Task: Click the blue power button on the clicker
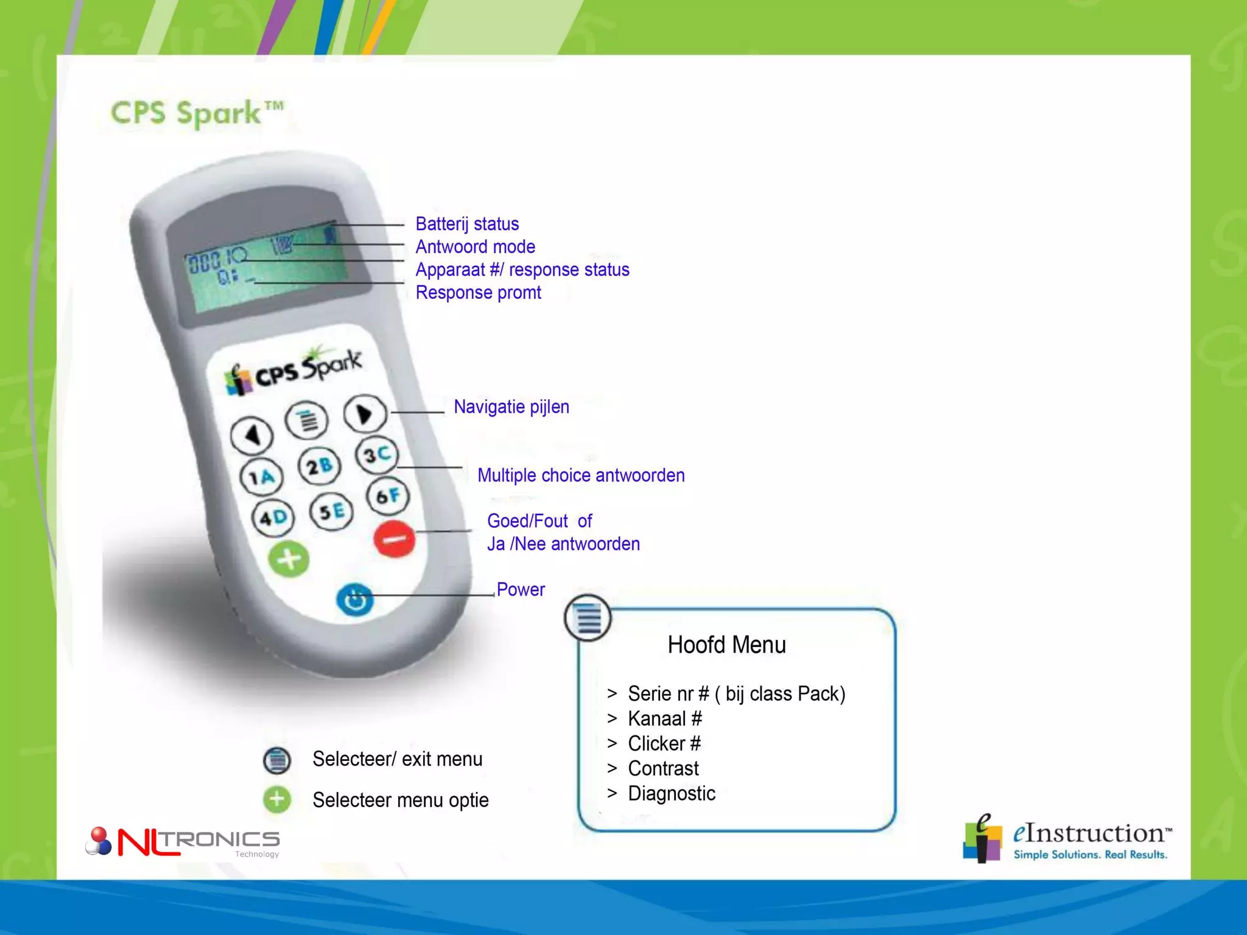[355, 599]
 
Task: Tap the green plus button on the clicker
[289, 559]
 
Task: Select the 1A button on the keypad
[262, 477]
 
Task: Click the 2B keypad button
[319, 466]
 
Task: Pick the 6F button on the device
[388, 496]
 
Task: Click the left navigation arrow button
[252, 435]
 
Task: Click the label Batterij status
[467, 224]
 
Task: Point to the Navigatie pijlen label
[511, 407]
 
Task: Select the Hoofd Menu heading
[726, 645]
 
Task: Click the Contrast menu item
[663, 768]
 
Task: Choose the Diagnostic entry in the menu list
[672, 793]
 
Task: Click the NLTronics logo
[183, 842]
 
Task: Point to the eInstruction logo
[1066, 839]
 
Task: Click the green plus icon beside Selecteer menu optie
[277, 799]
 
